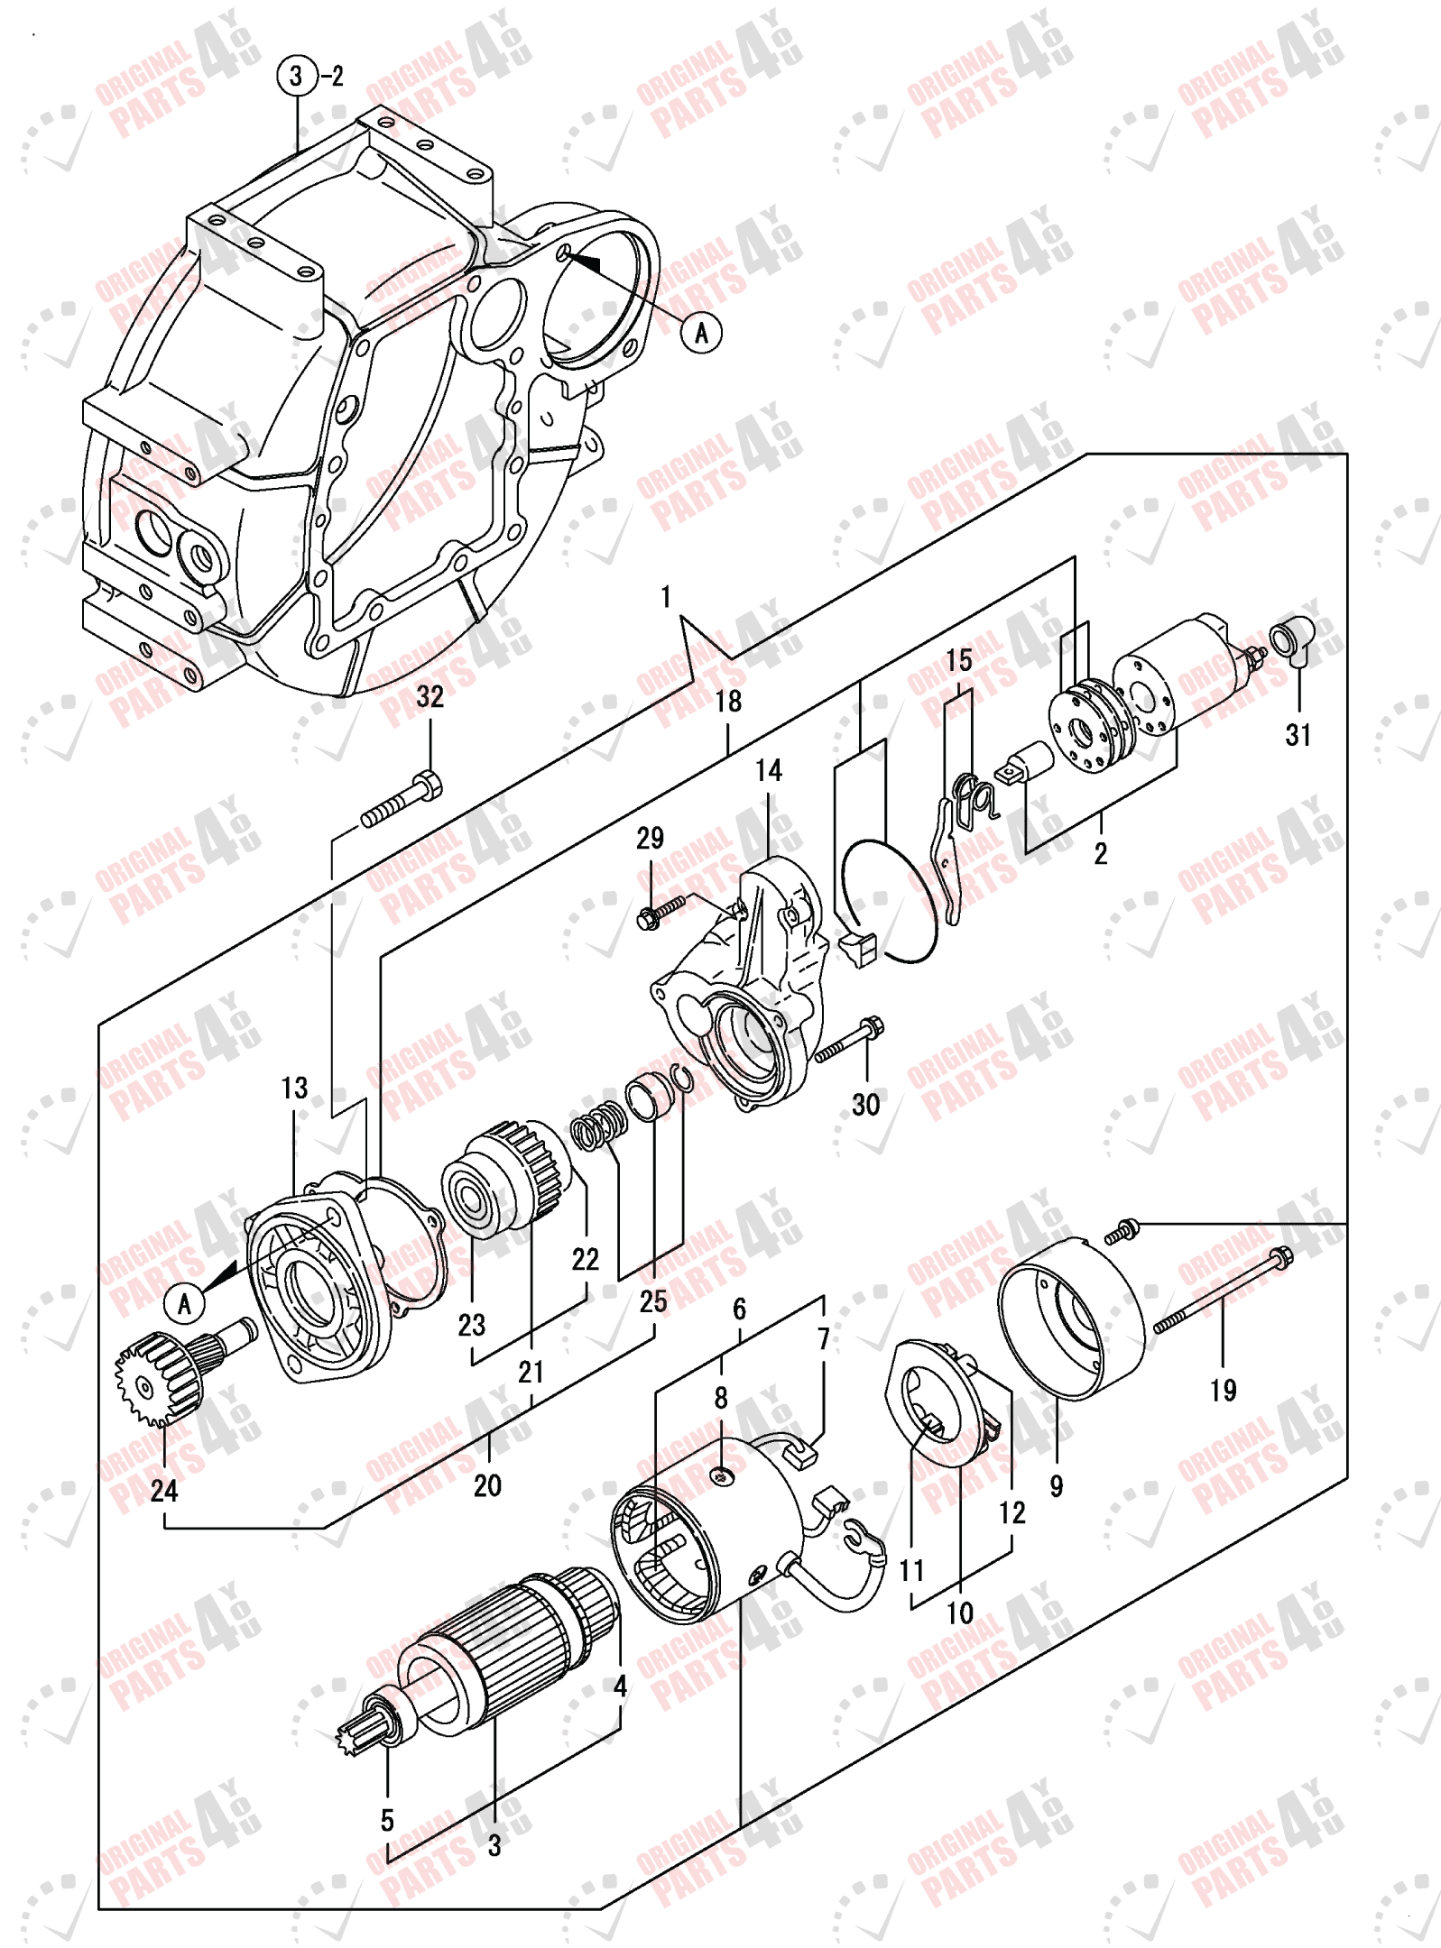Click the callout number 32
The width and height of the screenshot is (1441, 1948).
(x=430, y=696)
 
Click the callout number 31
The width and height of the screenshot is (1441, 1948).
(x=1297, y=735)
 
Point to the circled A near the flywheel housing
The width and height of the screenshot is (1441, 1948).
(x=701, y=333)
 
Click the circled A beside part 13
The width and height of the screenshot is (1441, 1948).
(x=184, y=1303)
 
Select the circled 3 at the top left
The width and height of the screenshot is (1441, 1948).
(x=297, y=76)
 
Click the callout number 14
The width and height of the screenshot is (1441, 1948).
(x=768, y=770)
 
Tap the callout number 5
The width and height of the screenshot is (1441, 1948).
(x=387, y=1820)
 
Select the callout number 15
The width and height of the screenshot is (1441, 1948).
(x=959, y=660)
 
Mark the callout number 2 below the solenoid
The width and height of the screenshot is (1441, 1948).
(x=1100, y=853)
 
